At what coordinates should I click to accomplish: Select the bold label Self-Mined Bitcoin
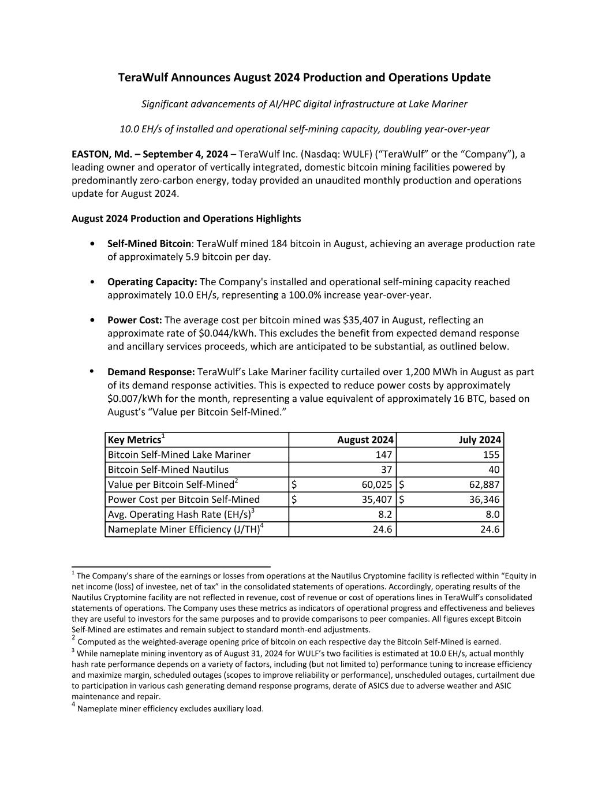149,244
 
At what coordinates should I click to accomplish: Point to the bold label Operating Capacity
152,282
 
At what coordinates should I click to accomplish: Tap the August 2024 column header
365,440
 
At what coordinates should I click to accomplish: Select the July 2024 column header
480,440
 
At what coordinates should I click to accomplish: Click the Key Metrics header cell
134,440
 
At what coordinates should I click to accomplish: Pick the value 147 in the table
383,455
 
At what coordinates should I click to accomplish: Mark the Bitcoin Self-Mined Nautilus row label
168,470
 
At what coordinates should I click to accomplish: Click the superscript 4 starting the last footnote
74,705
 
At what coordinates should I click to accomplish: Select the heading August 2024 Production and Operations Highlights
186,219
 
